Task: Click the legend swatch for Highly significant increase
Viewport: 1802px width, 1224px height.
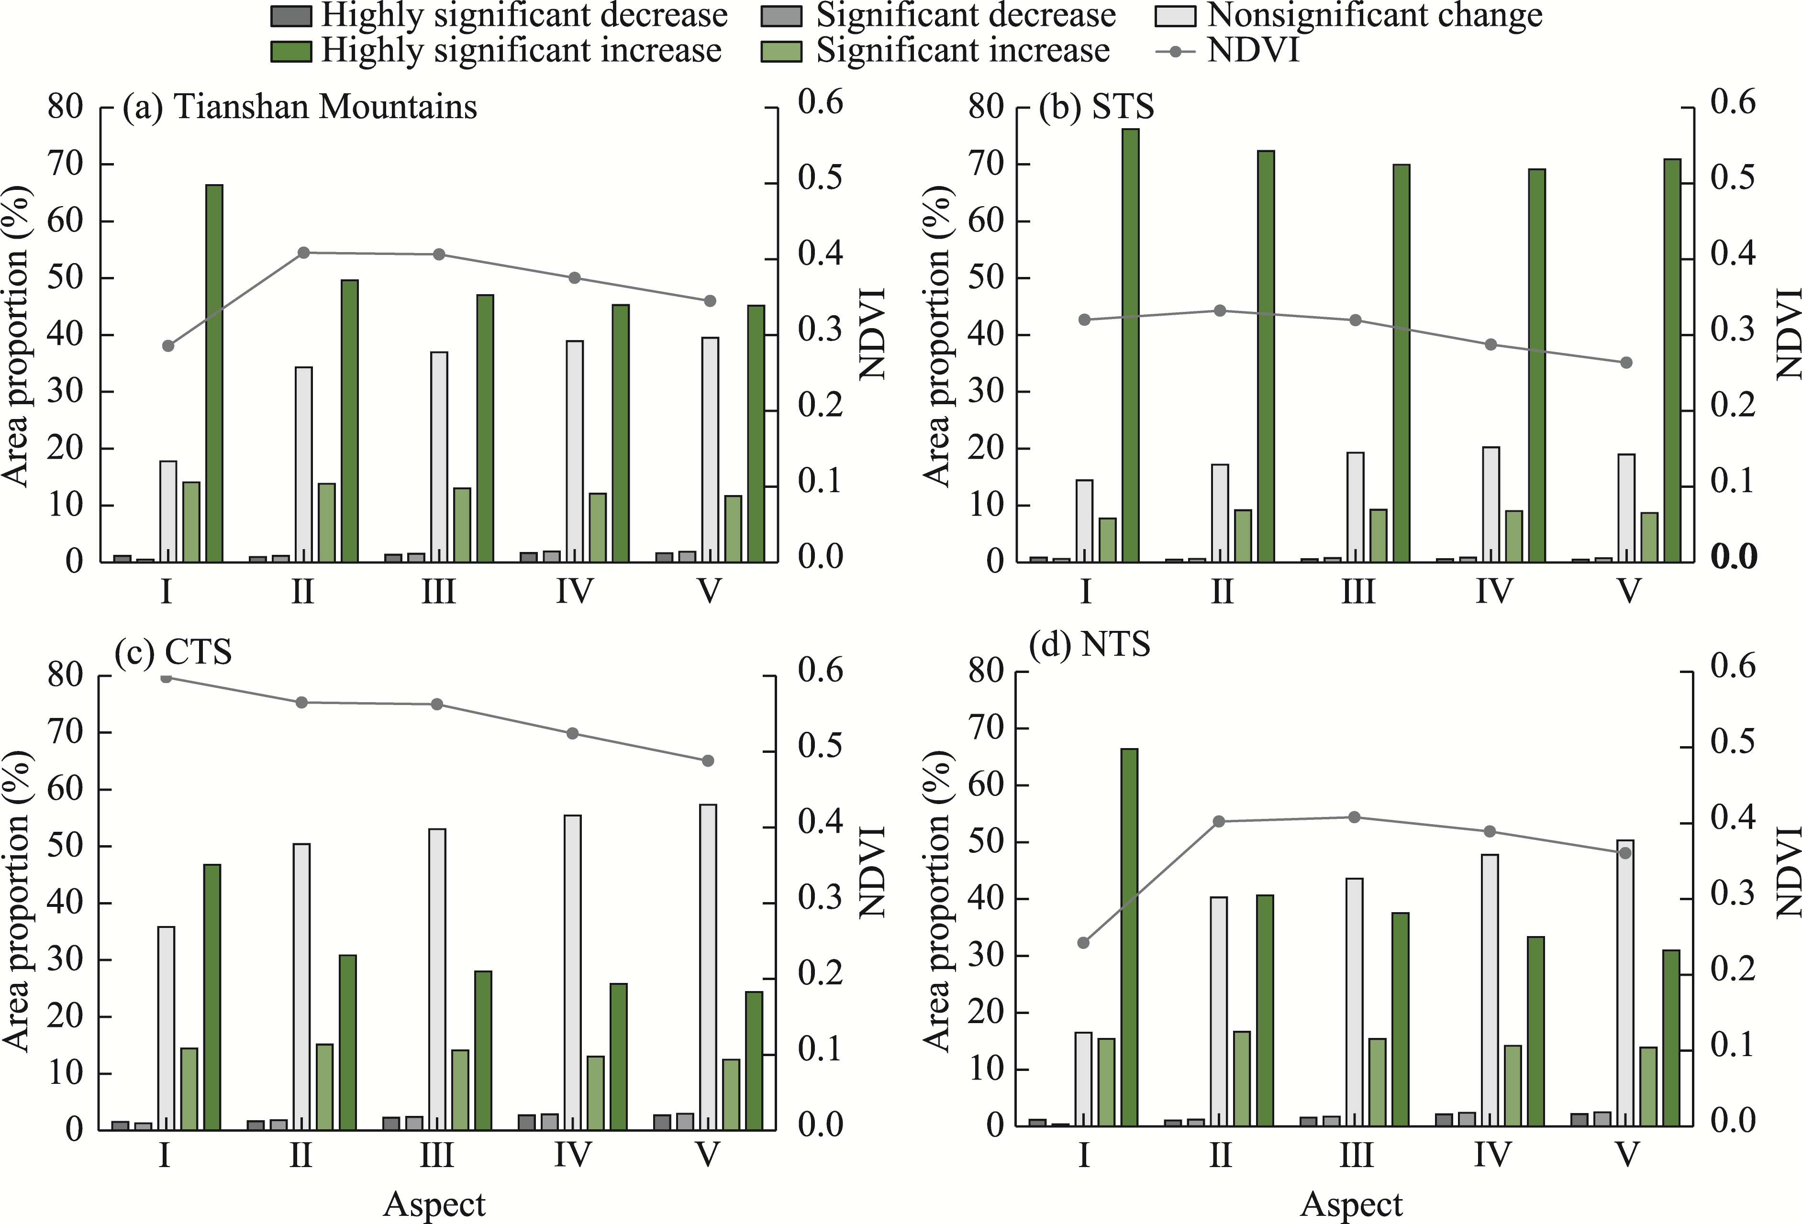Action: click(291, 51)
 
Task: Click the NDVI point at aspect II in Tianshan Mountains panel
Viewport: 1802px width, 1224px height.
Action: click(304, 253)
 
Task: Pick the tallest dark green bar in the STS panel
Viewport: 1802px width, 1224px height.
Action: click(1131, 345)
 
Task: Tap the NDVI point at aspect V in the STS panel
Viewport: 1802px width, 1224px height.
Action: click(1627, 363)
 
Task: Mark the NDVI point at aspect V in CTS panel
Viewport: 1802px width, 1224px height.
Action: click(707, 761)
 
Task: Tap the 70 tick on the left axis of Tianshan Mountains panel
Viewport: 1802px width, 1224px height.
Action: click(65, 165)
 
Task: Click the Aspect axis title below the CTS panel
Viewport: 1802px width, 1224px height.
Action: click(434, 1204)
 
